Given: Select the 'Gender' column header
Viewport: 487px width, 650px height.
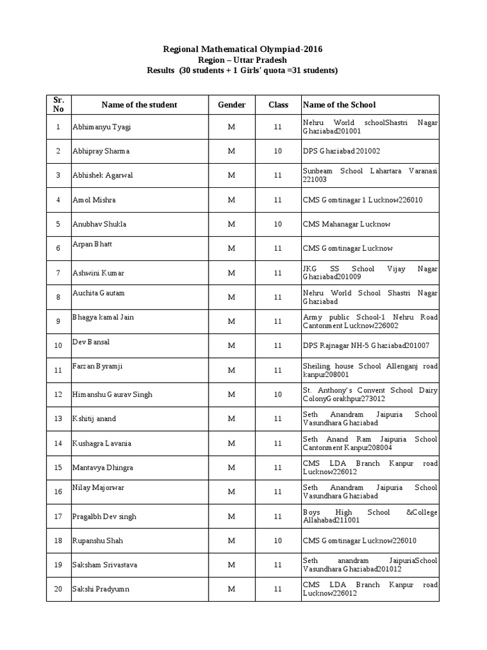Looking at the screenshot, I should (231, 105).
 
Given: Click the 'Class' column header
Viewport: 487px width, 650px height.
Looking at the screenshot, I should (278, 105).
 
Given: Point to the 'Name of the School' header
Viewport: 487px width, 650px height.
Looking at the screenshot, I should (339, 105).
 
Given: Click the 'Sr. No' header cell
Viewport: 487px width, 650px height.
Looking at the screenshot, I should (58, 105).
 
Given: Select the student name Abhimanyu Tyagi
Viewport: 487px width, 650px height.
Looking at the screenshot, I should (102, 127).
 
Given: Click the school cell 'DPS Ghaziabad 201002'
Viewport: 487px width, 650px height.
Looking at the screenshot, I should (342, 151).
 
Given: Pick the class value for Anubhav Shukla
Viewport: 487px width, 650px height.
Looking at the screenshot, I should (278, 224).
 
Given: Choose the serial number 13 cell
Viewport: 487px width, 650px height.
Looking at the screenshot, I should (58, 419).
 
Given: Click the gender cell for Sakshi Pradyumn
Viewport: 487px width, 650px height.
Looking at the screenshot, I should (231, 590).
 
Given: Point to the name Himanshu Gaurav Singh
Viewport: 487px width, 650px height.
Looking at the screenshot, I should (112, 394).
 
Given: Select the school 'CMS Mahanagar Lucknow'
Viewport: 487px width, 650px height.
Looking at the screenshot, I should (347, 224).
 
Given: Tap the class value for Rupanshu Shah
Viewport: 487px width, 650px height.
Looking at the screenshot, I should (278, 541).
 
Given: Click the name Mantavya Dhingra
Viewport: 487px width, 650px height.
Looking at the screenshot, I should (103, 468).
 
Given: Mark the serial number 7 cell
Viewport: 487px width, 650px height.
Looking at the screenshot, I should (58, 273).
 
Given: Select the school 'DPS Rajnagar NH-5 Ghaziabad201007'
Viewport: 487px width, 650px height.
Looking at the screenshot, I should (366, 345).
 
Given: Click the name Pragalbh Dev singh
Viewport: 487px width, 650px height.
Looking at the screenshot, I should (104, 517).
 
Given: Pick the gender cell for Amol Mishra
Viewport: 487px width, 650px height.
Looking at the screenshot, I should (231, 200).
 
